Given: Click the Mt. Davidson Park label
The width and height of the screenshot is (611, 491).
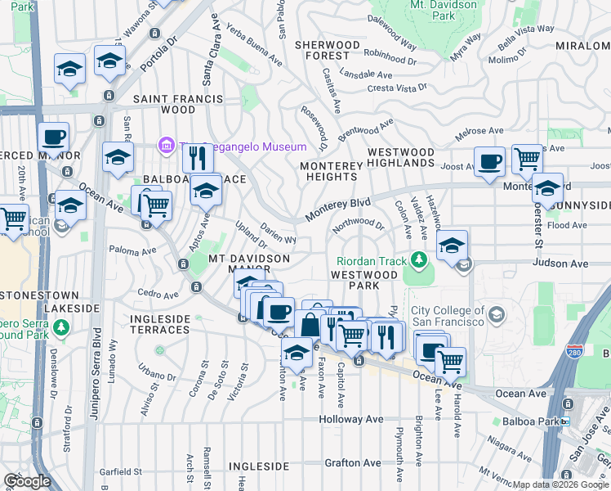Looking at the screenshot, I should click(444, 10).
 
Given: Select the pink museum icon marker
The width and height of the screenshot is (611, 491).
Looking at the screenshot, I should click(167, 146).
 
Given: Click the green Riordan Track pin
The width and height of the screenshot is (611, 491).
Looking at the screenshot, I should click(419, 260).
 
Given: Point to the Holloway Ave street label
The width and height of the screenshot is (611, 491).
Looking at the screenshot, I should click(351, 419).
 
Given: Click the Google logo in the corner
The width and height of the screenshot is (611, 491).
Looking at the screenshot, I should click(27, 480).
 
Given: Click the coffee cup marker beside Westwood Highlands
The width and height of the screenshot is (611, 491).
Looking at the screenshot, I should click(489, 160).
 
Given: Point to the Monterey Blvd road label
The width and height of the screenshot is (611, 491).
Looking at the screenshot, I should click(337, 208).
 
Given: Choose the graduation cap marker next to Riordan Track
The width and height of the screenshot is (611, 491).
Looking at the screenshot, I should click(452, 244).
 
